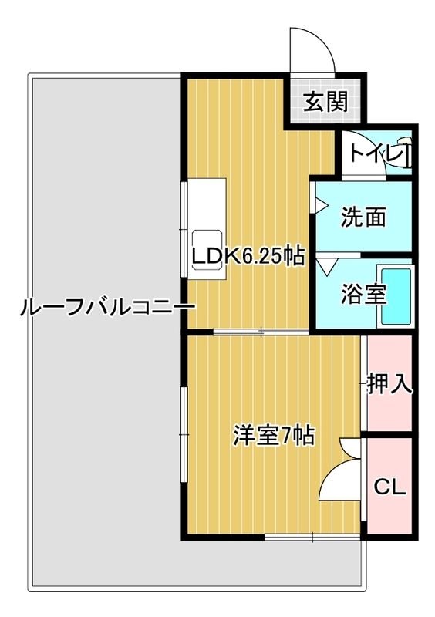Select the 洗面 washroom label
tap(363, 218)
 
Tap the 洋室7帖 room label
tap(273, 436)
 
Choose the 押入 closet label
tap(390, 383)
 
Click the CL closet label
tap(389, 487)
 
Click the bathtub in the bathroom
tap(398, 298)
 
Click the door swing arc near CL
tap(339, 474)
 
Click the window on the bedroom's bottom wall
tap(312, 537)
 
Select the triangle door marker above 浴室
tap(325, 265)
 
